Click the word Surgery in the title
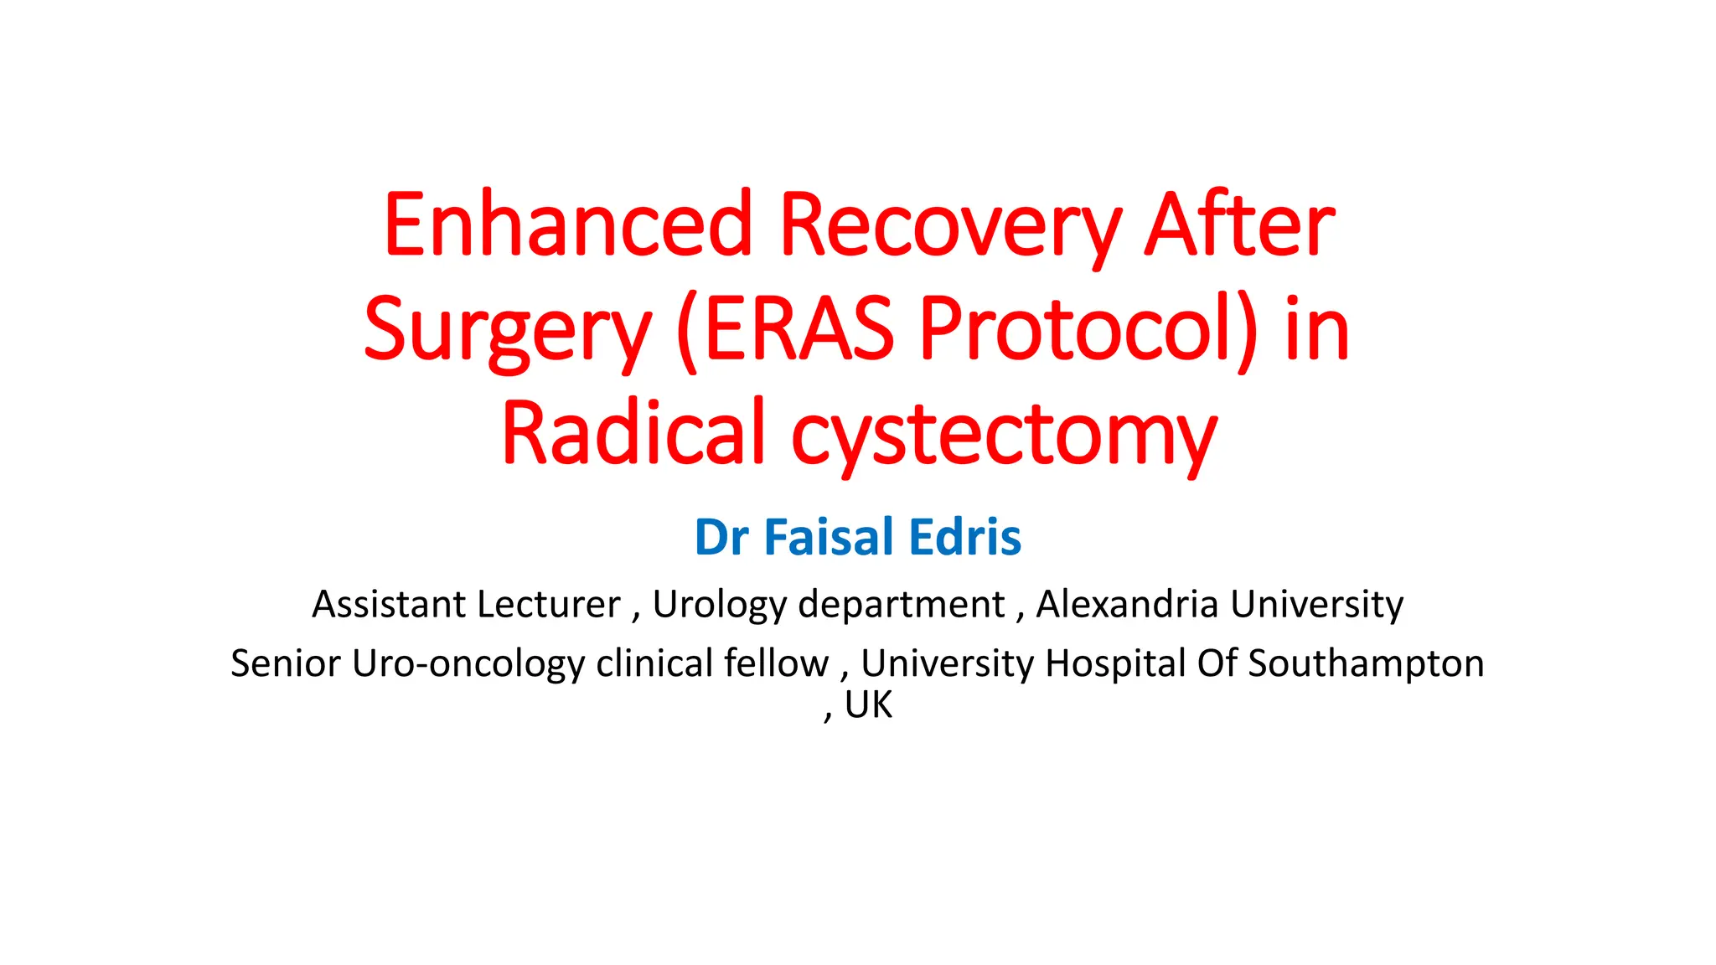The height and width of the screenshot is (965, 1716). click(507, 330)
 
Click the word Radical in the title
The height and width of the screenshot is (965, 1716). click(633, 433)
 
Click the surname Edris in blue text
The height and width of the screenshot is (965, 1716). click(964, 537)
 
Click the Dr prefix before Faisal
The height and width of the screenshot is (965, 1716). click(721, 537)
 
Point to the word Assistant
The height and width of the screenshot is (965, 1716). click(389, 604)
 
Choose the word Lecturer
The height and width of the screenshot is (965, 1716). click(549, 604)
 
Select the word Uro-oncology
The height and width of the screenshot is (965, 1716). click(468, 663)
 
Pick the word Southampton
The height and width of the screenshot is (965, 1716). click(1366, 663)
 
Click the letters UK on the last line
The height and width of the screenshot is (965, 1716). click(869, 705)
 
